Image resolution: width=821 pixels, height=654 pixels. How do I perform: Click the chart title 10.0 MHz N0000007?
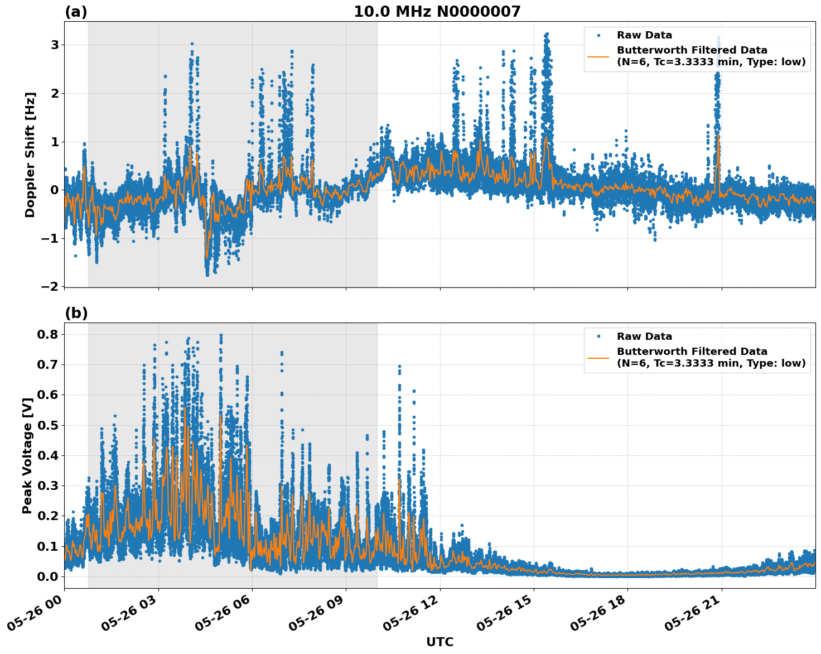pyautogui.click(x=437, y=12)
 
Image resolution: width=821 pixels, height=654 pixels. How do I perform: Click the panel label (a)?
pyautogui.click(x=76, y=12)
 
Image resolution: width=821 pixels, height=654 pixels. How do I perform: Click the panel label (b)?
pyautogui.click(x=76, y=313)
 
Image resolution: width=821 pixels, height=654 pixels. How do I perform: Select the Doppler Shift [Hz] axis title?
pyautogui.click(x=30, y=155)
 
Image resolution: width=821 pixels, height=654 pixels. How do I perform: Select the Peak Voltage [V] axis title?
pyautogui.click(x=27, y=455)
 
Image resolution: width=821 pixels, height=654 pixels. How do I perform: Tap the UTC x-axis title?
pyautogui.click(x=440, y=642)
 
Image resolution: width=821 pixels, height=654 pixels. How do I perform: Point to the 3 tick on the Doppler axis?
pyautogui.click(x=55, y=45)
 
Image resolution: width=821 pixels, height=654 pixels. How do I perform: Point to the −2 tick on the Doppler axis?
pyautogui.click(x=50, y=286)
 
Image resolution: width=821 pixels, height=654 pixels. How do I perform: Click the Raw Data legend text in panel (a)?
pyautogui.click(x=644, y=35)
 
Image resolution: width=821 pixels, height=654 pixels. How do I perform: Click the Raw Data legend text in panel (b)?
pyautogui.click(x=644, y=336)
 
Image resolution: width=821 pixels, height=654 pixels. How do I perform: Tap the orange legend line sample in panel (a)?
pyautogui.click(x=598, y=56)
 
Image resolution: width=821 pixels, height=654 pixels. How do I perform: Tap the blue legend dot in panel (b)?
pyautogui.click(x=598, y=336)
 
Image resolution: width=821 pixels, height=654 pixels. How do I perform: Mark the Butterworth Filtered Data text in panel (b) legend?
pyautogui.click(x=692, y=352)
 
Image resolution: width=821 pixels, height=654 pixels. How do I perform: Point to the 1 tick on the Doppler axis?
pyautogui.click(x=55, y=142)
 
